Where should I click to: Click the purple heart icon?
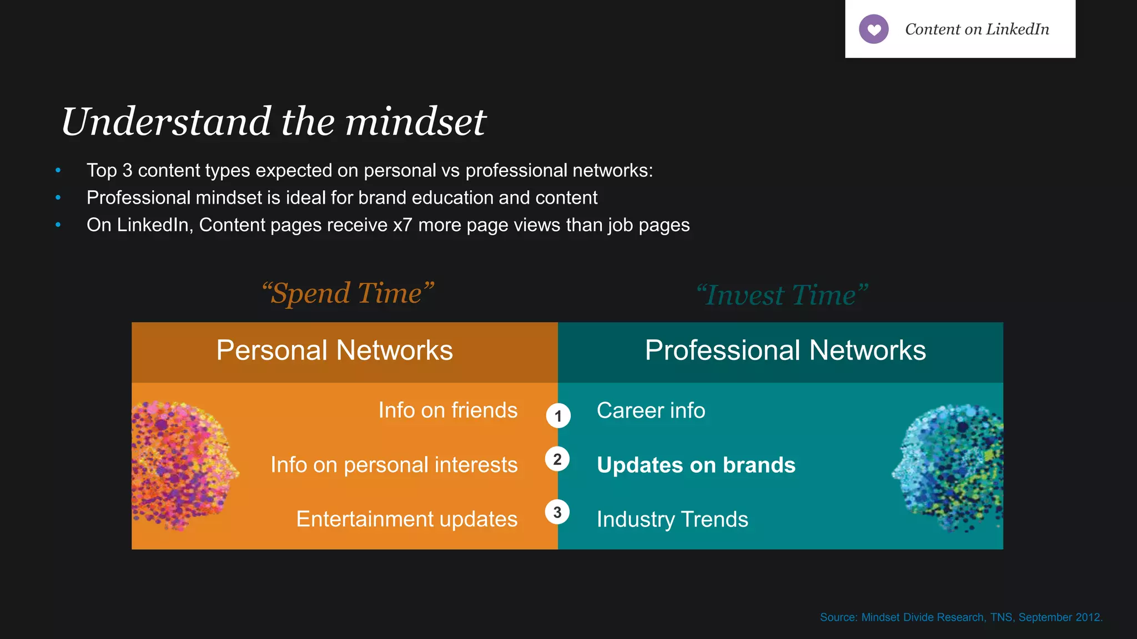873,29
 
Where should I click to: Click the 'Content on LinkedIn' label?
977,29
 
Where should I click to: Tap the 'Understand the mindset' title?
273,121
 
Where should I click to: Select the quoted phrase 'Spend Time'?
348,293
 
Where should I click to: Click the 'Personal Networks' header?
334,351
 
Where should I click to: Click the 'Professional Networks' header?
785,351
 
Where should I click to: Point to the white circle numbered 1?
558,415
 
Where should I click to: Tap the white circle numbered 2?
557,459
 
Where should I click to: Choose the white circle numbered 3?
557,512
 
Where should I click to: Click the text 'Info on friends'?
447,410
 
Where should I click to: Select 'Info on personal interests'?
394,465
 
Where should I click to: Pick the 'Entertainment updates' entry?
406,519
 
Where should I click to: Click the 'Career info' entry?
651,410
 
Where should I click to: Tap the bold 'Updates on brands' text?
696,465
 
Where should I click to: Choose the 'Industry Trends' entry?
672,519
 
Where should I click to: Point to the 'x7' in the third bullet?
403,225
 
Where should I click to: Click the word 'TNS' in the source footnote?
1001,617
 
